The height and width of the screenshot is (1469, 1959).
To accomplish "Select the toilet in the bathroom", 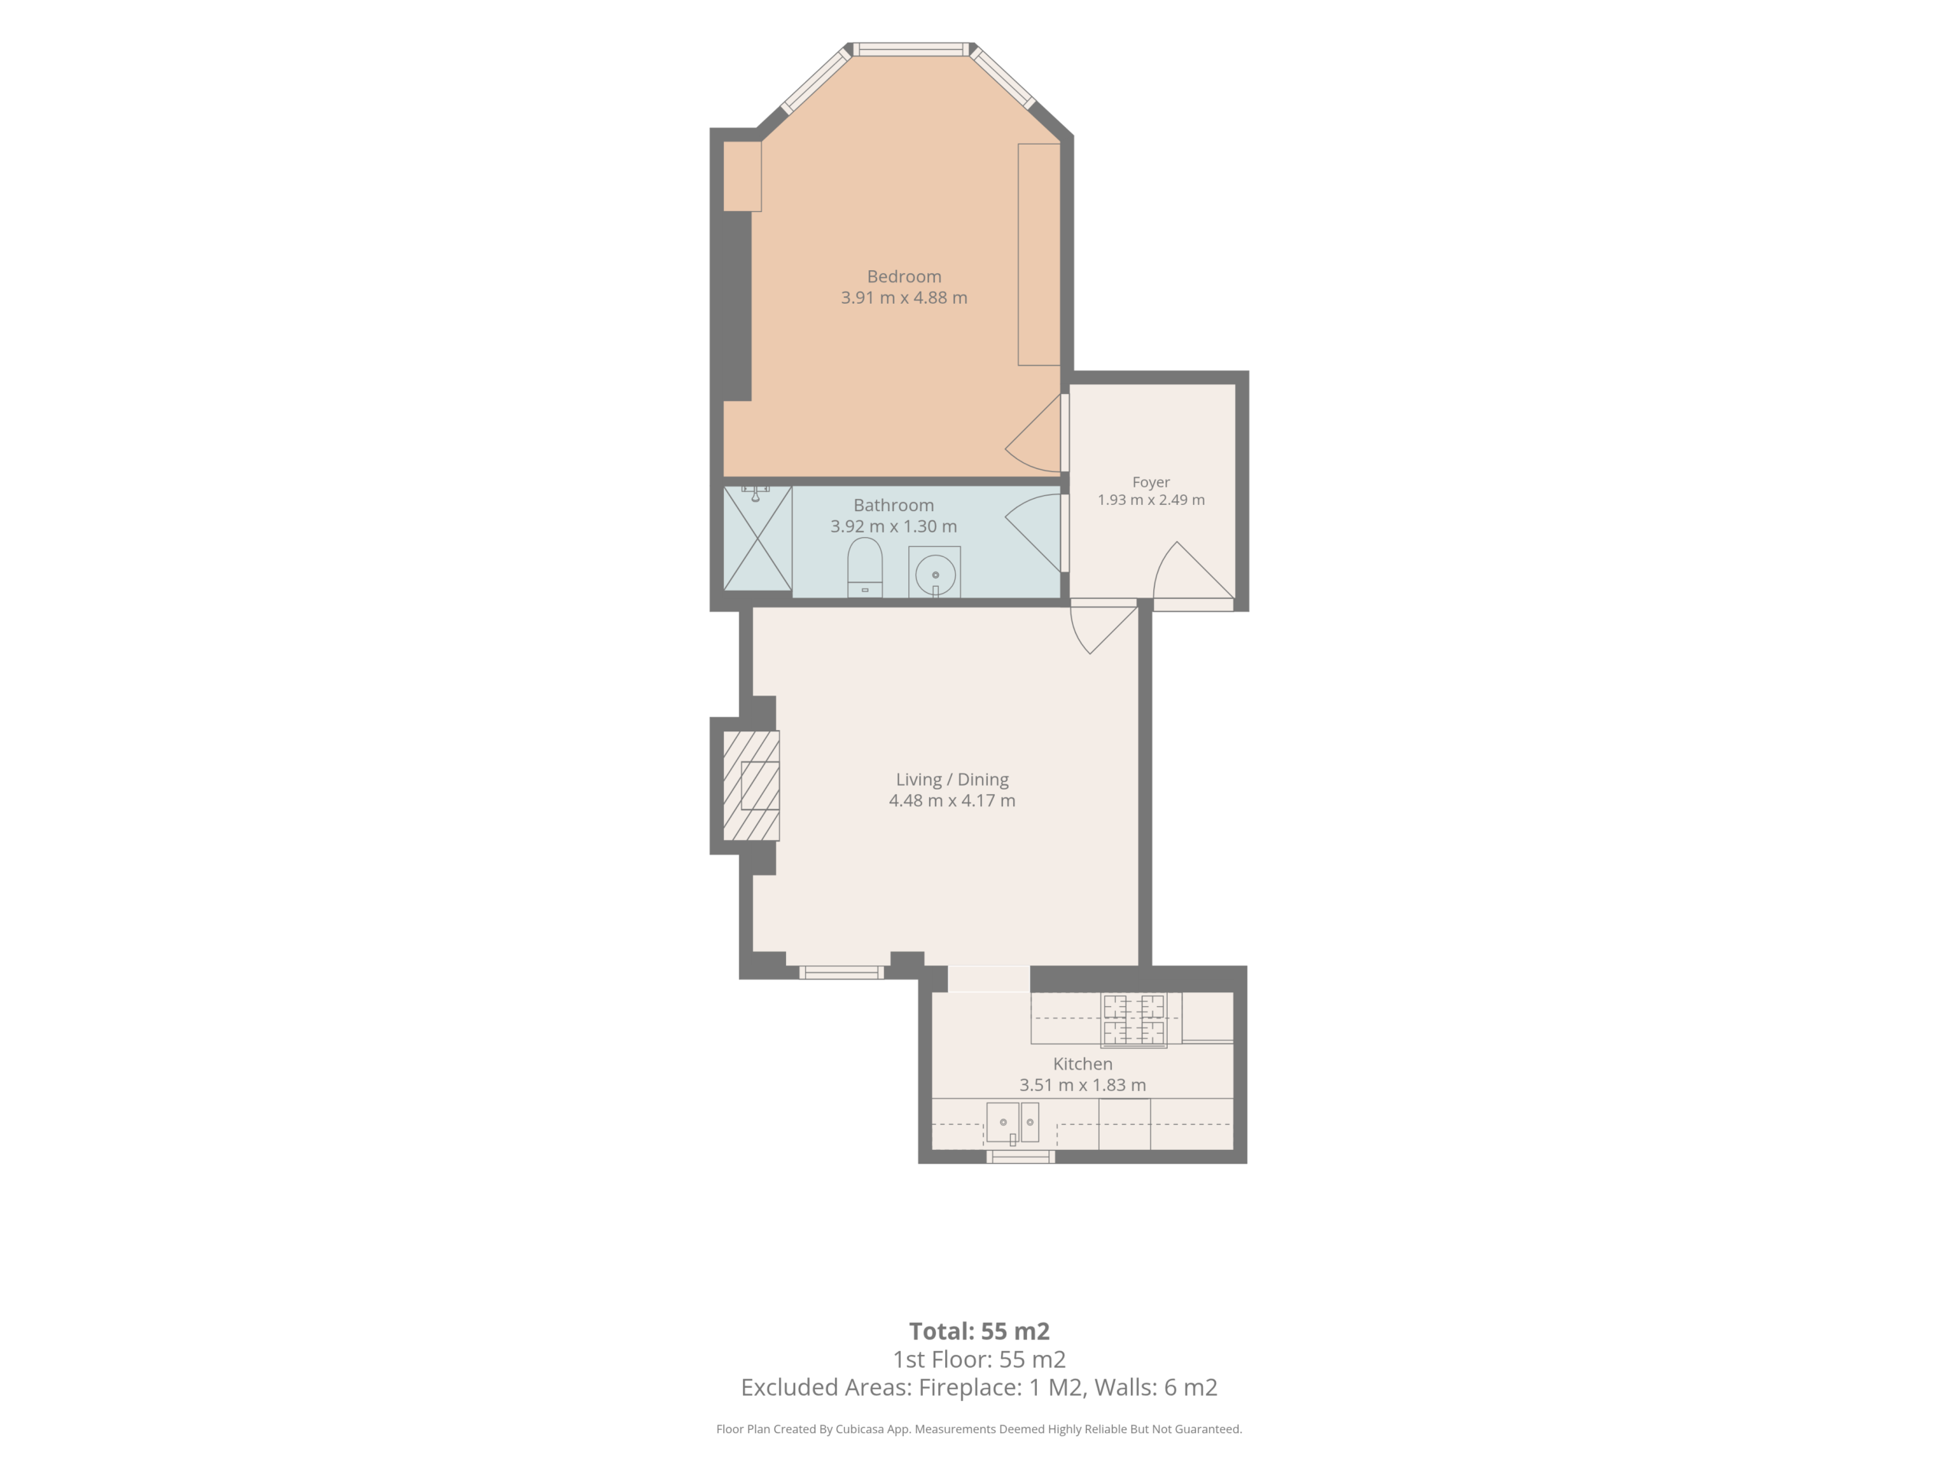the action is pyautogui.click(x=865, y=568).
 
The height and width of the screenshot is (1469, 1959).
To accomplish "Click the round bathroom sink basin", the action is pyautogui.click(x=934, y=574).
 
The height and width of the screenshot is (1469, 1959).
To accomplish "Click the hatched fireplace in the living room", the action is pyautogui.click(x=751, y=786).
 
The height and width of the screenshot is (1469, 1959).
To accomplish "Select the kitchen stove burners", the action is pyautogui.click(x=1133, y=1020).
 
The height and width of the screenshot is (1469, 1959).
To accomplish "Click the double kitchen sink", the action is pyautogui.click(x=1012, y=1122).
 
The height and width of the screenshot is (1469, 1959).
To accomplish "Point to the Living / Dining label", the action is pyautogui.click(x=952, y=779).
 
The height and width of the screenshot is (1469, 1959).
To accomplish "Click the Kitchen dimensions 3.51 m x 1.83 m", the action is pyautogui.click(x=1082, y=1085).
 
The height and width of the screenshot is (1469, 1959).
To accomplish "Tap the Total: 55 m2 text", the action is pyautogui.click(x=979, y=1331).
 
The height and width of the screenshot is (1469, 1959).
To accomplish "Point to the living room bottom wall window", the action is pyautogui.click(x=841, y=972).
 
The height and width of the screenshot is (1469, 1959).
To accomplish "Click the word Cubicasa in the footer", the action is pyautogui.click(x=859, y=1429).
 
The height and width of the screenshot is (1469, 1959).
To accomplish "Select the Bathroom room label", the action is pyautogui.click(x=893, y=505).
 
